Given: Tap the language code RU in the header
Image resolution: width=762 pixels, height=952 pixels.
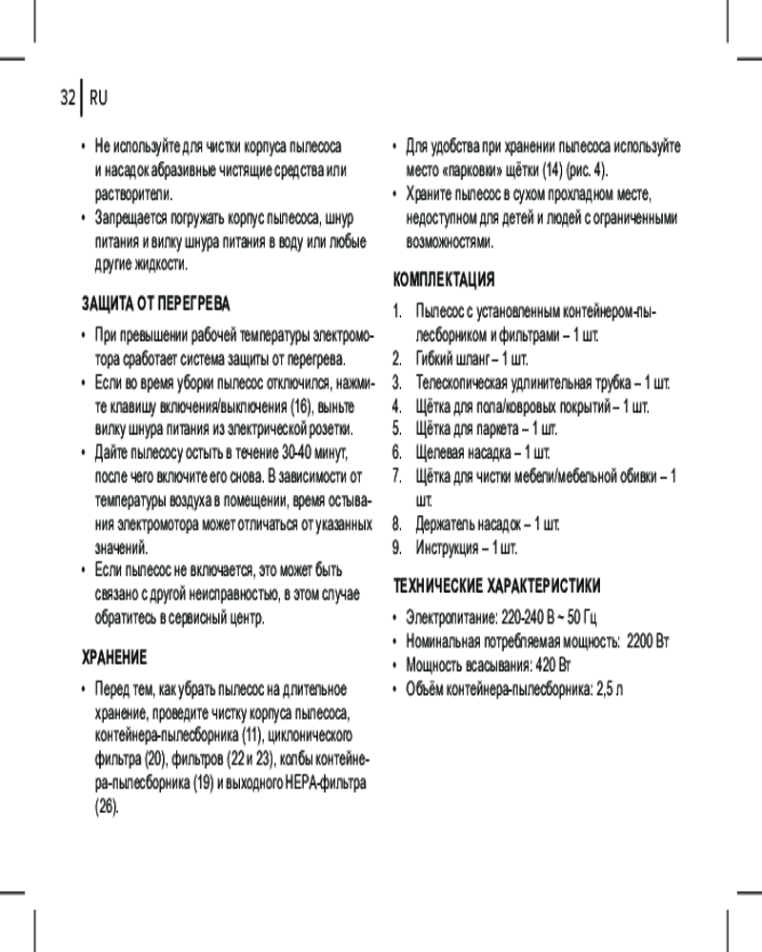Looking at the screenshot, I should pos(98,98).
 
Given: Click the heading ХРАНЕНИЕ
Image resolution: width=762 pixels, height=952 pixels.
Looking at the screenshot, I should pos(113,658).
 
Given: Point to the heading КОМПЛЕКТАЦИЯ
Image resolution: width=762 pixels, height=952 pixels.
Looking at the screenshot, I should pos(444,280).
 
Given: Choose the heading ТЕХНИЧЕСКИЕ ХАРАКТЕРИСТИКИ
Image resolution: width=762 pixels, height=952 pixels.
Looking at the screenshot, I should pos(497,584).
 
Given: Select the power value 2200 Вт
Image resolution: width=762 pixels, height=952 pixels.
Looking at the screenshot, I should pos(650,641).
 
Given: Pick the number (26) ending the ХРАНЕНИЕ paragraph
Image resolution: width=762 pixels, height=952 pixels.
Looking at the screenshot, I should pos(107,806).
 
